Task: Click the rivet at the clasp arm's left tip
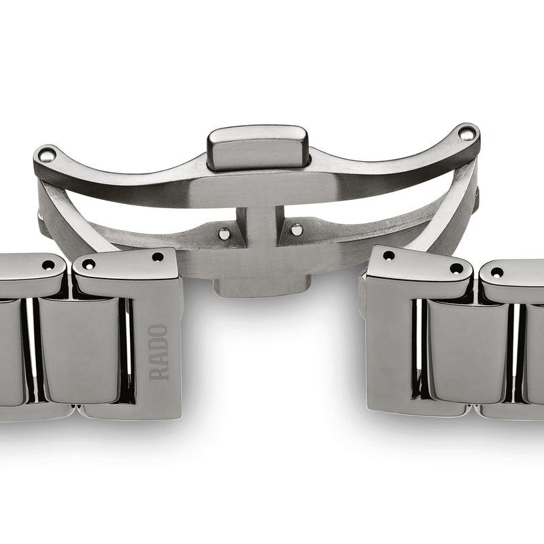click(46, 155)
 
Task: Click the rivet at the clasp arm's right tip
click(466, 133)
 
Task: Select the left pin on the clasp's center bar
click(224, 233)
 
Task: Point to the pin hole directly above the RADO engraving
click(158, 258)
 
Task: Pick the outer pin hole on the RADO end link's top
click(88, 265)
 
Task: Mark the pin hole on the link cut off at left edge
click(48, 265)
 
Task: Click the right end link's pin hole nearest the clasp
click(388, 256)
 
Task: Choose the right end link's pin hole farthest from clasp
click(456, 268)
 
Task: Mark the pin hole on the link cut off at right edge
click(497, 272)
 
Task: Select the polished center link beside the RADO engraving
click(80, 350)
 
